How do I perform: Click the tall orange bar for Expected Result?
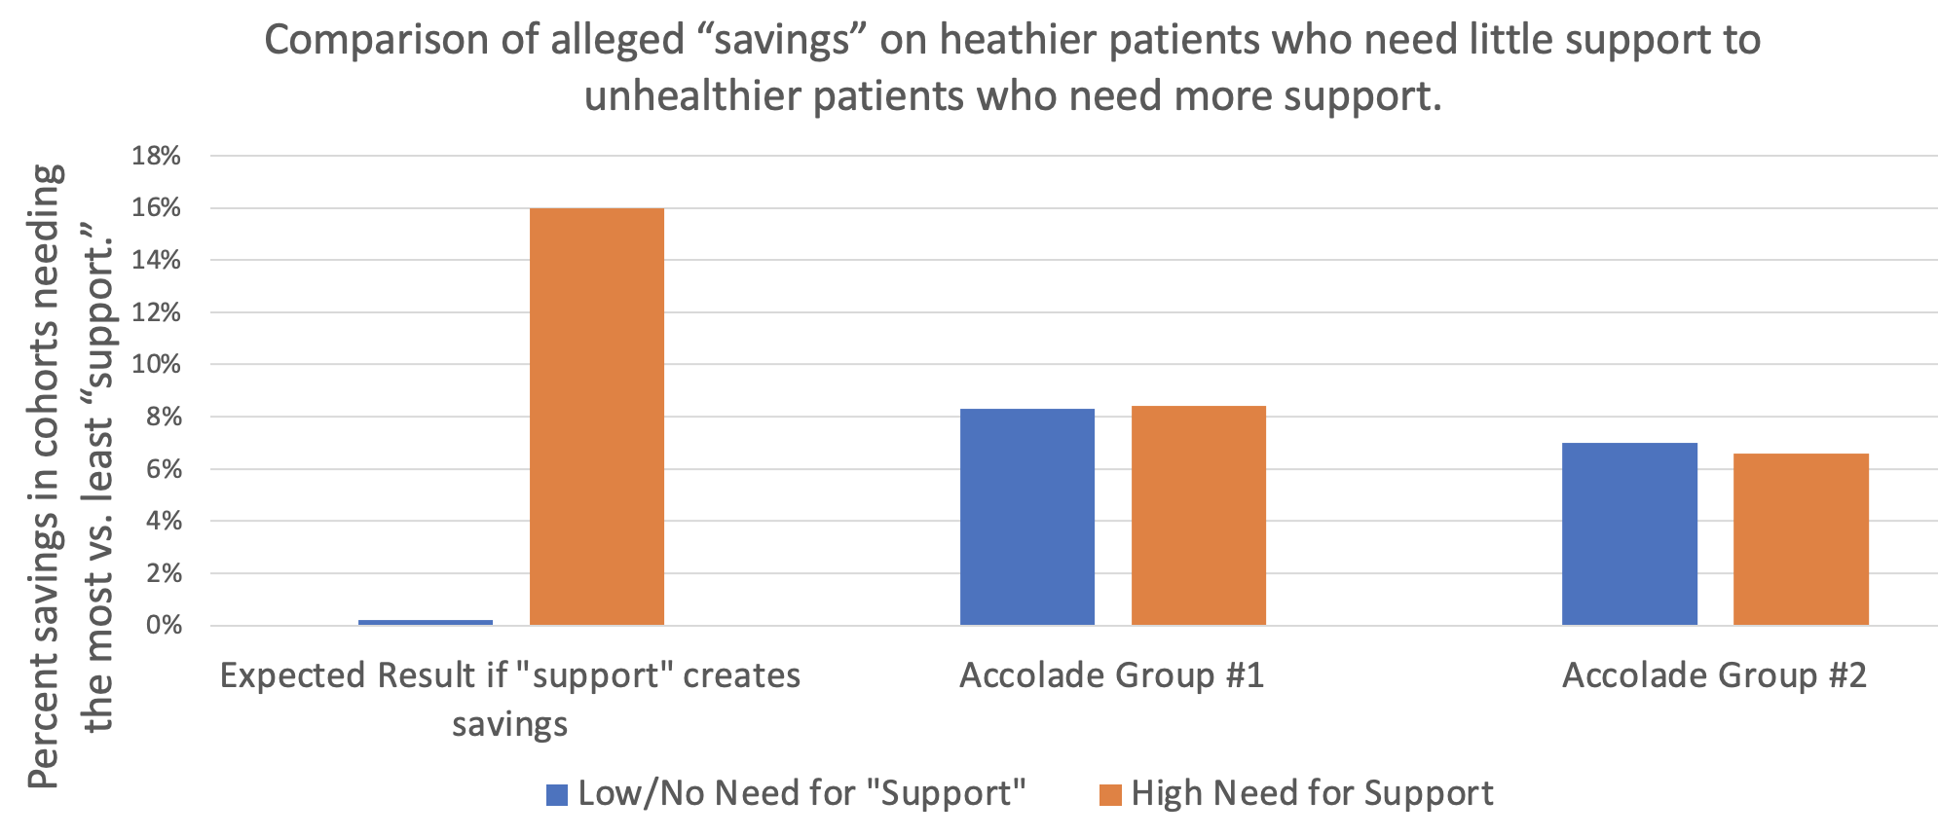click(x=596, y=417)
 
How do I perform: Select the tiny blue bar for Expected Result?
click(x=426, y=621)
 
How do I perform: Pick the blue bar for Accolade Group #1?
click(x=1026, y=517)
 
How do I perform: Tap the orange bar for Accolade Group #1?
click(x=1198, y=515)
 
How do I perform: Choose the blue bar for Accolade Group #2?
click(x=1629, y=533)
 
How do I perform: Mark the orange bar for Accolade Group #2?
click(x=1801, y=539)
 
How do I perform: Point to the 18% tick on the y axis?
click(x=157, y=156)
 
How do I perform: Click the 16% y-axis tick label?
click(x=157, y=208)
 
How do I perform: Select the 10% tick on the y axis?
click(x=157, y=365)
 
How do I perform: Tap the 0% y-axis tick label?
click(x=163, y=625)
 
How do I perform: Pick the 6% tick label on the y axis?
click(x=163, y=469)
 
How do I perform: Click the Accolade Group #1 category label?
click(x=1111, y=675)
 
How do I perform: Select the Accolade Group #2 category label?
click(x=1714, y=675)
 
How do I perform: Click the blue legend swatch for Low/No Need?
click(x=557, y=795)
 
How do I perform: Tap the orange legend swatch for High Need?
click(x=1110, y=795)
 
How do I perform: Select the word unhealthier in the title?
click(x=692, y=96)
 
